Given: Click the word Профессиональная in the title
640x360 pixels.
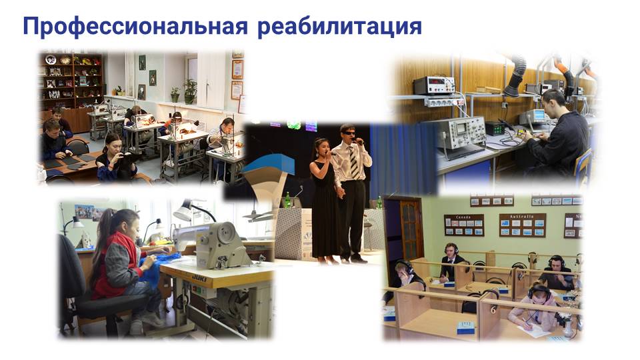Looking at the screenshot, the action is pos(135,27).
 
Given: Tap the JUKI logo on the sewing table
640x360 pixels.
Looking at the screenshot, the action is pos(199,278).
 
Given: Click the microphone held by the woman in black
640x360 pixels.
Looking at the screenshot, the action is pos(332,153).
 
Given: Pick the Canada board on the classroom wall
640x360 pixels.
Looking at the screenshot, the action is pos(464,225).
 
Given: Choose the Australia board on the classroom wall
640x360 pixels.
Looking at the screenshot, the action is pos(523,225).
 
